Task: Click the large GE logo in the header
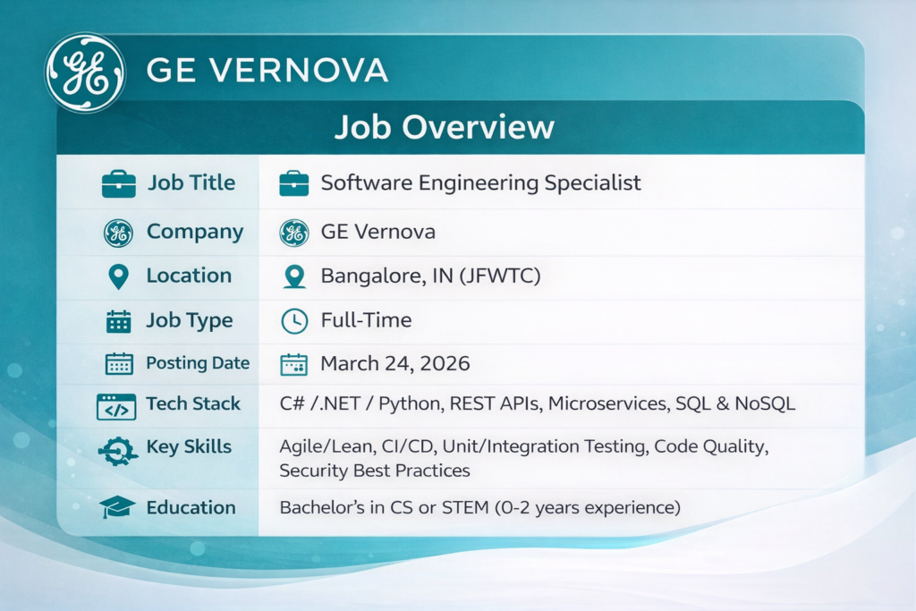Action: tap(85, 73)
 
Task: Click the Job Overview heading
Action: tap(444, 127)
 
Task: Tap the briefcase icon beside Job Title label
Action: tap(119, 184)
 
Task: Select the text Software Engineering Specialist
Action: tap(480, 182)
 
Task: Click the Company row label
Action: tap(195, 232)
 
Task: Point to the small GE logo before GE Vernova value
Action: tap(294, 233)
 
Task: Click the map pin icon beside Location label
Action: tap(119, 276)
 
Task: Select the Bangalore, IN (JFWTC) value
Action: tap(430, 276)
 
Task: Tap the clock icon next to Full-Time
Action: tap(294, 321)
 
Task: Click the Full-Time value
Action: tap(366, 320)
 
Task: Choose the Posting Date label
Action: tap(198, 363)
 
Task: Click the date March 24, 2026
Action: tap(394, 363)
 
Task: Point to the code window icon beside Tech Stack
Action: tap(116, 406)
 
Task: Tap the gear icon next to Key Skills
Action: tap(118, 451)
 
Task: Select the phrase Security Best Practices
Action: tap(375, 471)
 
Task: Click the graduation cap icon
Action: tap(117, 507)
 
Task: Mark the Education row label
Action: tap(191, 507)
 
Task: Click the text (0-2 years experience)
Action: tap(588, 507)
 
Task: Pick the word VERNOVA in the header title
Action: tap(299, 71)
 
